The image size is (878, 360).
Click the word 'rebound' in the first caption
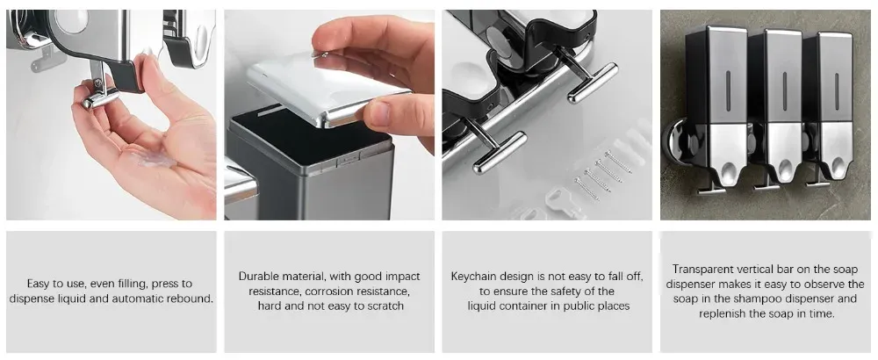tap(191, 299)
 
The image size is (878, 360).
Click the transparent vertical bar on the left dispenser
tap(728, 90)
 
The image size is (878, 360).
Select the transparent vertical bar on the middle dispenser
tap(784, 90)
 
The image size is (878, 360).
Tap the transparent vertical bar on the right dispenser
tap(835, 90)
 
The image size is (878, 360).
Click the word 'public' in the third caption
tap(560, 306)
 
